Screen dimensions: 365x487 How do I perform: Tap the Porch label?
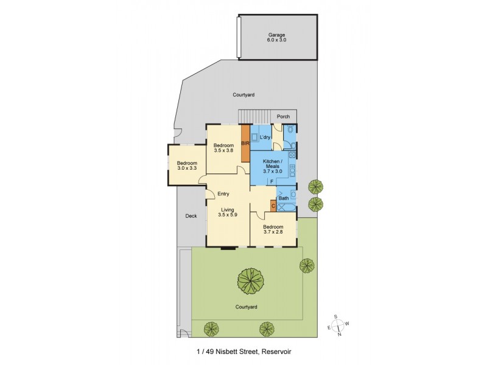coord(283,116)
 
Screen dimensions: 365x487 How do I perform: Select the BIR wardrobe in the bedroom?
coord(245,144)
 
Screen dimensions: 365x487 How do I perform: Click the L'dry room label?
coord(265,138)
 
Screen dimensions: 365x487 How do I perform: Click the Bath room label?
coord(284,198)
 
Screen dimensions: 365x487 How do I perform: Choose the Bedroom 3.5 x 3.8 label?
coord(223,148)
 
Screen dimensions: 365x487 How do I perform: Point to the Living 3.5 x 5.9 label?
coord(227,212)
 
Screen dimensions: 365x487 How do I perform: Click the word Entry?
coord(223,194)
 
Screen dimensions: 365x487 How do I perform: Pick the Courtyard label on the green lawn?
coord(247,307)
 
